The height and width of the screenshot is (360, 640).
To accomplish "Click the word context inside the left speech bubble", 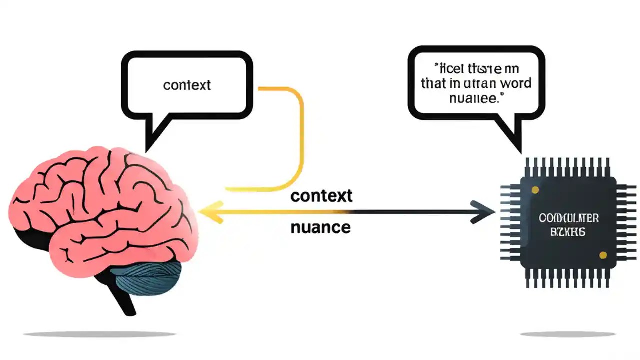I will pyautogui.click(x=187, y=85).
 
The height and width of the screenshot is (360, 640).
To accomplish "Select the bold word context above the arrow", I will pyautogui.click(x=321, y=196).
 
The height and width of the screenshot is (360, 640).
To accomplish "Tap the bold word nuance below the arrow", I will pyautogui.click(x=320, y=228).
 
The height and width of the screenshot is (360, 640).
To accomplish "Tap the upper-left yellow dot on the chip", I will pyautogui.click(x=535, y=190).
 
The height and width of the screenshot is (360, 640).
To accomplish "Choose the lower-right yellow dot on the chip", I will pyautogui.click(x=603, y=255).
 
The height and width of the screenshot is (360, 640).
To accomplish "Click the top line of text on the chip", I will pyautogui.click(x=569, y=218).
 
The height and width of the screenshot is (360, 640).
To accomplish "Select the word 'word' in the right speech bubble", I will pyautogui.click(x=513, y=83).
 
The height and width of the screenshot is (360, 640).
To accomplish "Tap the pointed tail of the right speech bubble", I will pyautogui.click(x=515, y=142).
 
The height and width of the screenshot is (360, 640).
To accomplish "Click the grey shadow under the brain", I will pyautogui.click(x=100, y=334).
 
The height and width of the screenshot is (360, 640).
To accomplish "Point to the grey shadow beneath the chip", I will pyautogui.click(x=568, y=334).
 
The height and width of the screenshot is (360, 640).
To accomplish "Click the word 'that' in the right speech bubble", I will pyautogui.click(x=433, y=83).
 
